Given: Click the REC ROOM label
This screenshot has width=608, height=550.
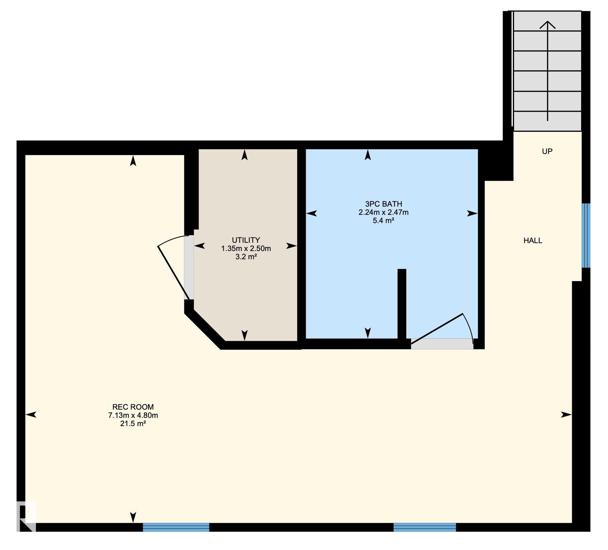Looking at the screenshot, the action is tap(133, 407).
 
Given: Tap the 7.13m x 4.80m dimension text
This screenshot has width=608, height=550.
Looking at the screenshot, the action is tap(133, 415).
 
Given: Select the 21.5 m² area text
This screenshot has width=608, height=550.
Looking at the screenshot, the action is tap(133, 424).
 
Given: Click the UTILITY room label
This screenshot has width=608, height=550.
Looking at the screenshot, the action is tap(246, 240).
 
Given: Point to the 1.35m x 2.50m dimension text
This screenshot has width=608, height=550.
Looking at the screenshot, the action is tap(246, 249).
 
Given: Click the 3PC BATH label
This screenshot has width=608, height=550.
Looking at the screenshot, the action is tap(384, 204).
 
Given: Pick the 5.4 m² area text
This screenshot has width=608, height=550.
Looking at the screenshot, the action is tap(384, 221).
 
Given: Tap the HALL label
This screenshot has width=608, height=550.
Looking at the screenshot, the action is tap(533, 241).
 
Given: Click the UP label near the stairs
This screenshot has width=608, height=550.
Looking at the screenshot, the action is tap(547, 151).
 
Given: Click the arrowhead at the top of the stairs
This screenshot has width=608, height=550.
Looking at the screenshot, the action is tap(547, 24).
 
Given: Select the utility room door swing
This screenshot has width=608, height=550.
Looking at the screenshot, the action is tap(174, 267).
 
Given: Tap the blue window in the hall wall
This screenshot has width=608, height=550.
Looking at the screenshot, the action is tap(586, 236).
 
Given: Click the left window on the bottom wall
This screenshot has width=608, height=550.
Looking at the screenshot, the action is tap(176, 527).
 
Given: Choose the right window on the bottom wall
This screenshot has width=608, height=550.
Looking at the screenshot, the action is tap(425, 527).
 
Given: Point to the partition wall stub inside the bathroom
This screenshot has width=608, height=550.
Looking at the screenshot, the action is tap(402, 304).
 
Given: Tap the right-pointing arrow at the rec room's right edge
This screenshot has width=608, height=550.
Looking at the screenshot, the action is tap(566, 415).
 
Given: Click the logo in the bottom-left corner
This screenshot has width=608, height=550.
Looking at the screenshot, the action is tap(27, 516).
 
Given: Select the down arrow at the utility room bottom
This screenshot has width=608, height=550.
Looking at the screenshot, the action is tap(244, 335).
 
